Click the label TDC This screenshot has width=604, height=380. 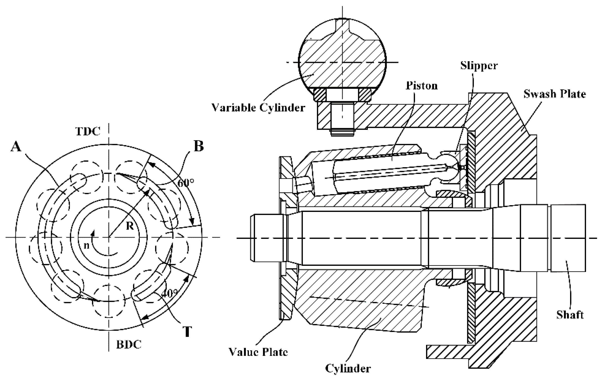click(88, 131)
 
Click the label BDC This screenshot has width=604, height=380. click(129, 345)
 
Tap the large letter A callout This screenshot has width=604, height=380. click(16, 147)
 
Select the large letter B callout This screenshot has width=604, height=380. click(198, 146)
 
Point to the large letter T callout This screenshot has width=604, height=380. click(187, 332)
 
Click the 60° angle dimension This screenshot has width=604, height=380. click(185, 183)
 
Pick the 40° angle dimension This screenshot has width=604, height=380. click(170, 293)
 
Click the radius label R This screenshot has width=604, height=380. click(129, 226)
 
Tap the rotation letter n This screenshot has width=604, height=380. click(86, 246)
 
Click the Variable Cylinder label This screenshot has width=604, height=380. click(258, 108)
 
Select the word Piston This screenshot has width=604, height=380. click(422, 86)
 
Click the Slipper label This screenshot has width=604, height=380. click(479, 65)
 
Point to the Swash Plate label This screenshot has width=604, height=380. click(555, 94)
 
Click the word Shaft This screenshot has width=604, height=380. click(570, 315)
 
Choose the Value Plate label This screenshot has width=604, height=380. click(258, 352)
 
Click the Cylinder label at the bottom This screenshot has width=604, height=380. click(348, 369)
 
